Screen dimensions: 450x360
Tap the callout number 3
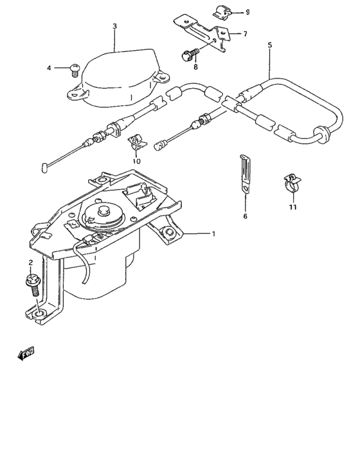(114, 26)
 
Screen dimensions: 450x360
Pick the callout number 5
(269, 46)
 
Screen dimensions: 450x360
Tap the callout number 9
(248, 12)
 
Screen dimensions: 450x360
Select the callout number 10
(136, 161)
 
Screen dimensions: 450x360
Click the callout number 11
(292, 207)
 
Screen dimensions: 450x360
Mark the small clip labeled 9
(218, 12)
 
